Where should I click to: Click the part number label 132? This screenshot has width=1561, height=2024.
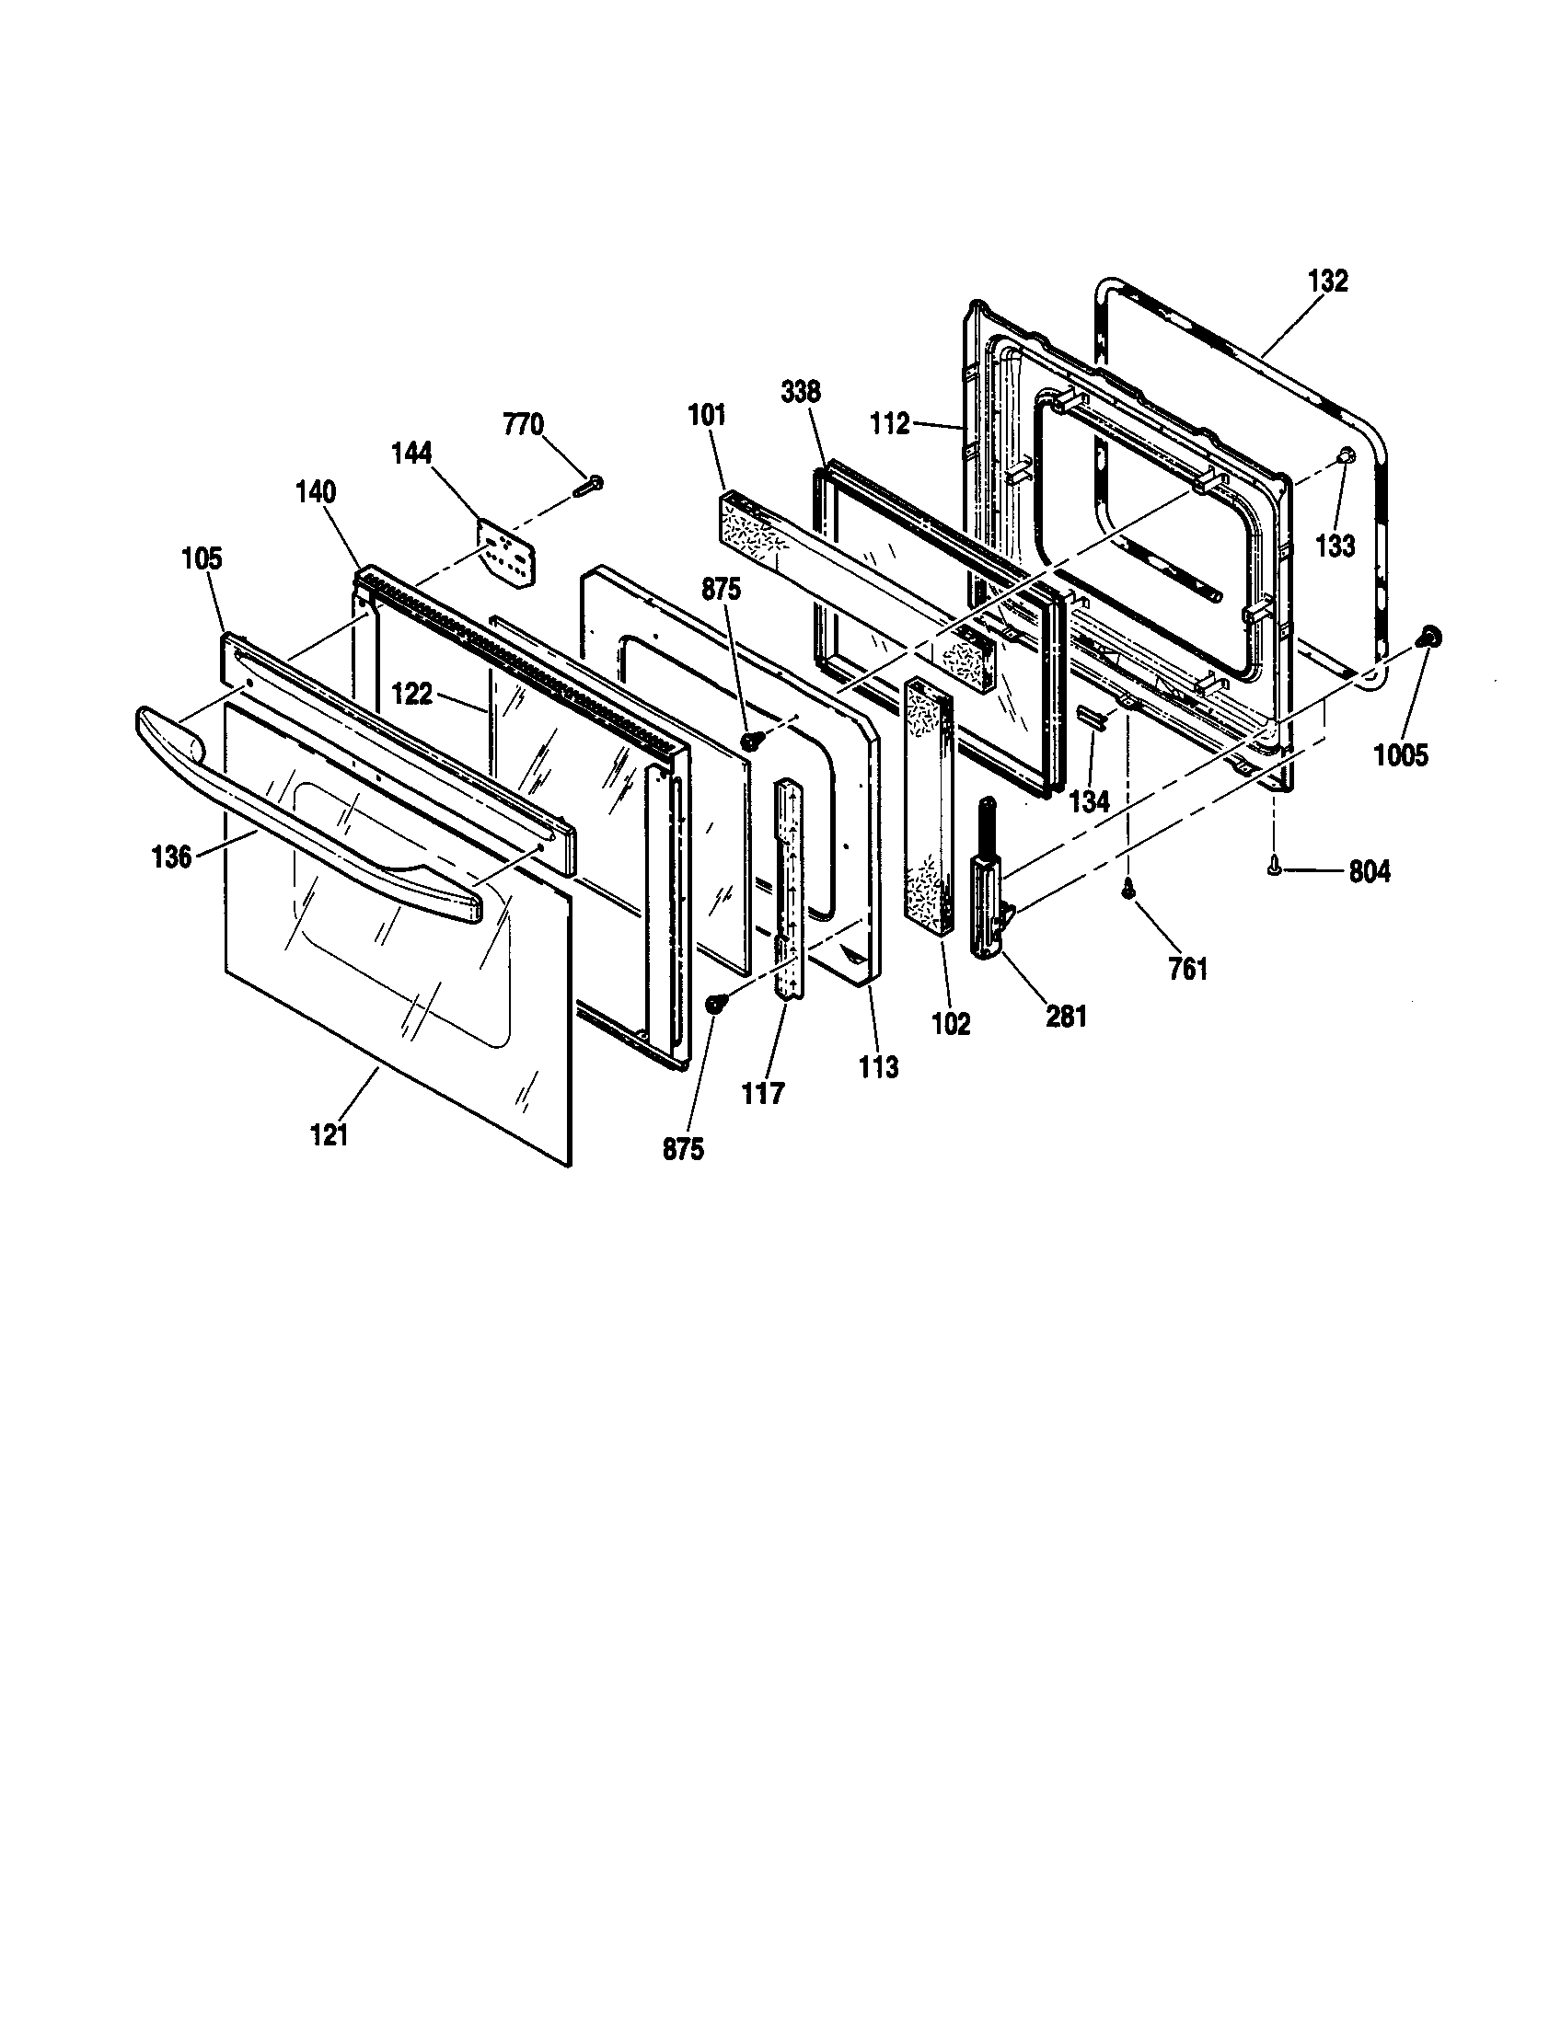click(1327, 281)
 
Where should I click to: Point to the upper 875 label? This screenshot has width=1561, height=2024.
click(722, 590)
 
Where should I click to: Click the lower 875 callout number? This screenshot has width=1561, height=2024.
click(683, 1149)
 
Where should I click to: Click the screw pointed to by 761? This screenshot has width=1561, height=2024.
click(1128, 888)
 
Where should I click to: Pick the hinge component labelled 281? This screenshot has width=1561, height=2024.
click(987, 880)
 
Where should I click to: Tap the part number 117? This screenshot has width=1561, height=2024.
click(763, 1094)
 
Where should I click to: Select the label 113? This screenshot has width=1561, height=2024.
click(878, 1067)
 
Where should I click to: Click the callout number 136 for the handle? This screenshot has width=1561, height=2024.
click(171, 857)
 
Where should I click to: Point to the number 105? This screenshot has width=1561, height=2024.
click(202, 558)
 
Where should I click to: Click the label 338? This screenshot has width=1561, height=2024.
click(800, 392)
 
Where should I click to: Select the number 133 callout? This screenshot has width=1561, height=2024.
click(1335, 546)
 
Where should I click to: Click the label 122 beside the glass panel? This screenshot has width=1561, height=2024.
click(411, 694)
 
